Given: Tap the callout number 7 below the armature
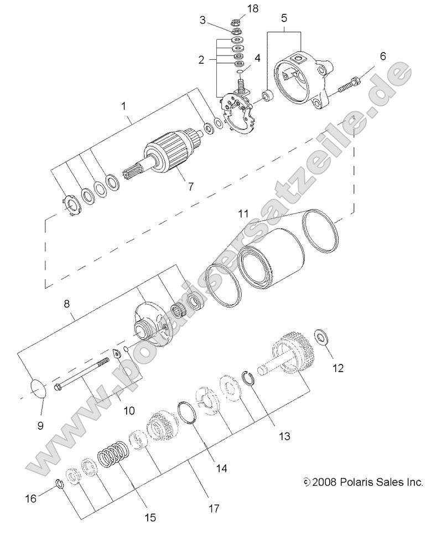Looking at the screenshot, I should [190, 187].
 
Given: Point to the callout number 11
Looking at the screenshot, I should [243, 213].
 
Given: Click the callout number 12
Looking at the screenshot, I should [338, 367].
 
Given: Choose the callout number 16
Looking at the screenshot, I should [32, 498].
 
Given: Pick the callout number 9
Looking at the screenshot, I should [40, 425].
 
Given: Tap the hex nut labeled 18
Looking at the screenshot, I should [235, 23].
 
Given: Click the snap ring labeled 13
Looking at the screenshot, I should [251, 380].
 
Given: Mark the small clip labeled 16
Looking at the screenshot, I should [60, 486].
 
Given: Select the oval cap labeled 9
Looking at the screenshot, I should [36, 389].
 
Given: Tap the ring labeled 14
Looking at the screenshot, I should [189, 414].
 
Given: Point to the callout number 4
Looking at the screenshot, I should [257, 58].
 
